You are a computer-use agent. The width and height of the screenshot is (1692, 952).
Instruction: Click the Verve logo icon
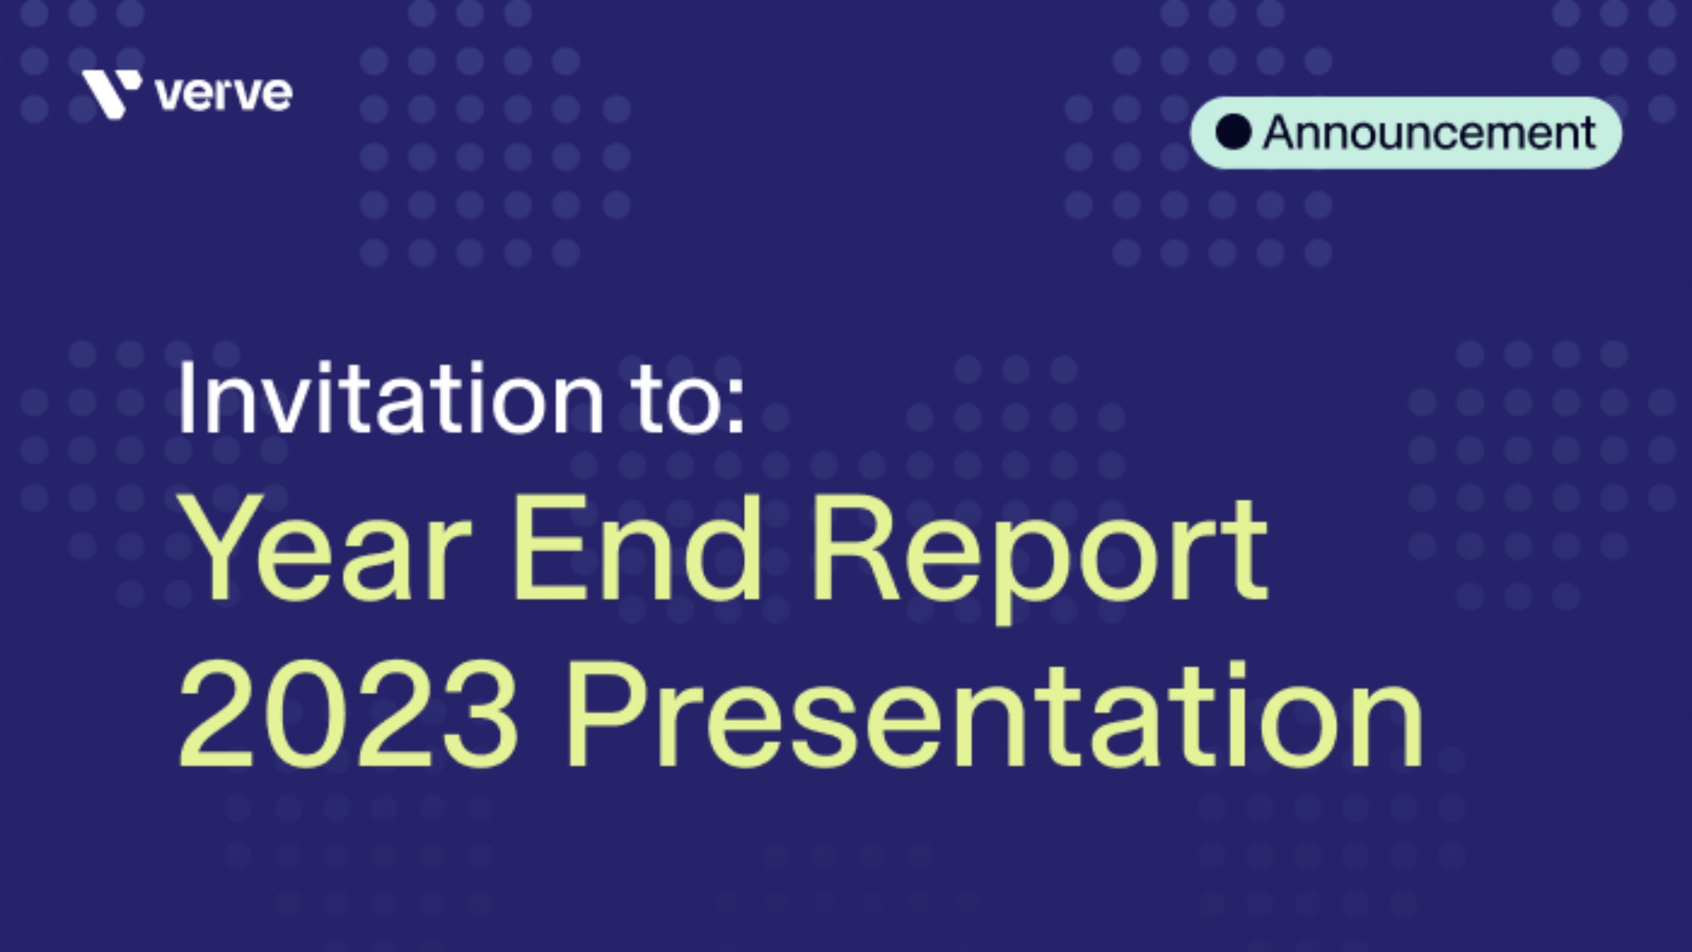111,94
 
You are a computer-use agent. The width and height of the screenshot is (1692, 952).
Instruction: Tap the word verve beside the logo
224,95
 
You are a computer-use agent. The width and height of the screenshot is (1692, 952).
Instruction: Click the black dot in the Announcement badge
1233,133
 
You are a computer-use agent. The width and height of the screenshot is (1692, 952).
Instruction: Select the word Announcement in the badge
1429,133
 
